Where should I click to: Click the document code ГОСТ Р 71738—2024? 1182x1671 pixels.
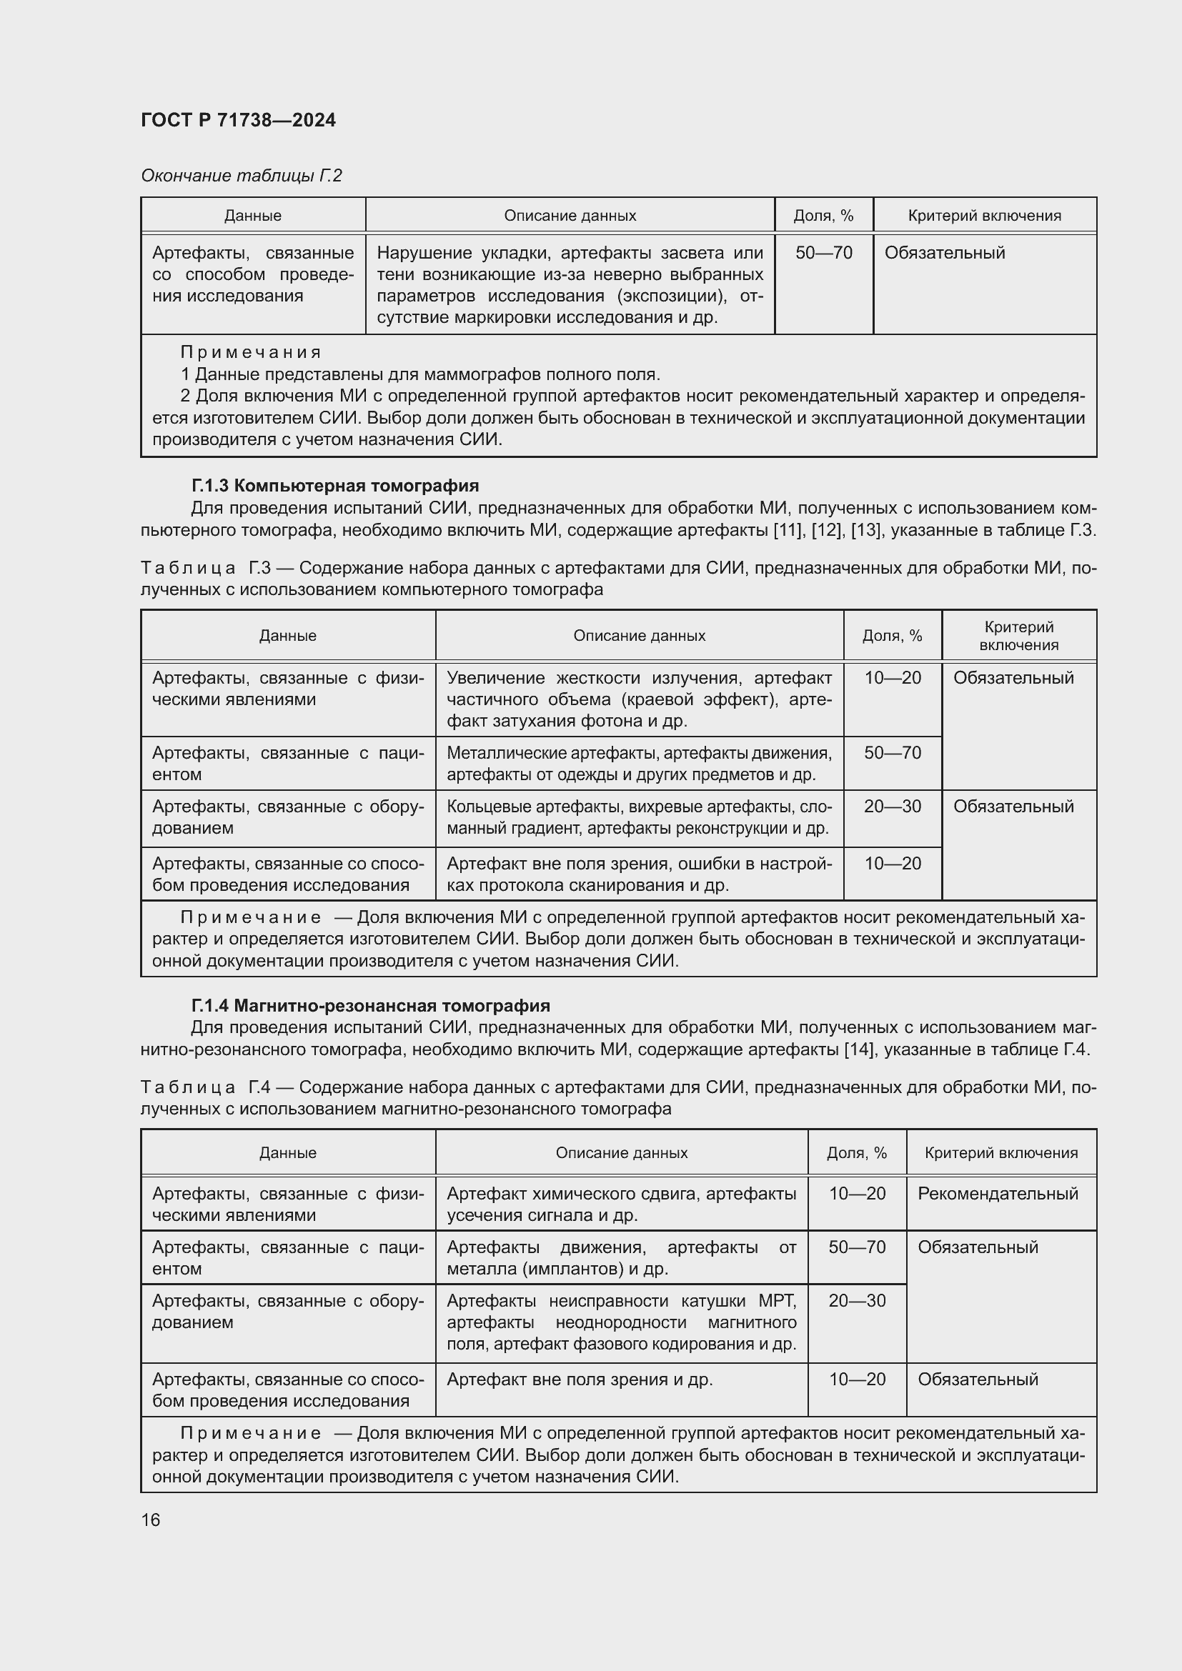[x=238, y=120]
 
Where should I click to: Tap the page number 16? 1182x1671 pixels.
[x=151, y=1520]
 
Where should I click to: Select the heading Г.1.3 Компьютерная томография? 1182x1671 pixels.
[x=334, y=485]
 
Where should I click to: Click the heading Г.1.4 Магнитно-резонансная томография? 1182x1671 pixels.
[x=370, y=1006]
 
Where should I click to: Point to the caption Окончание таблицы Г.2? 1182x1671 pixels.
[x=241, y=176]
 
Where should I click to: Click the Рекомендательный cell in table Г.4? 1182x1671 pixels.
[x=997, y=1194]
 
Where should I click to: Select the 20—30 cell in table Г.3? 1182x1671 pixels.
[x=893, y=807]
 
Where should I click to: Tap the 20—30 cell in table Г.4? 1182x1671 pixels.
[x=857, y=1300]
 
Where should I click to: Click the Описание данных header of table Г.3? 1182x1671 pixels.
[x=639, y=635]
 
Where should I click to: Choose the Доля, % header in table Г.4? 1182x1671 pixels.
[x=857, y=1153]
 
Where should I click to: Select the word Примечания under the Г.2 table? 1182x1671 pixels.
[x=250, y=352]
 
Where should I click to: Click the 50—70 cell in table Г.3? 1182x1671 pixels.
[x=893, y=752]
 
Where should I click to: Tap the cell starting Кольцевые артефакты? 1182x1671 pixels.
[x=639, y=817]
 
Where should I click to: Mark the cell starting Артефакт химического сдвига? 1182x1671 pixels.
[x=621, y=1204]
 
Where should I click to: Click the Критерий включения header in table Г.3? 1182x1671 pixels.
[x=1018, y=635]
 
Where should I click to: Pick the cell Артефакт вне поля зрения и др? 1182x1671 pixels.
[x=580, y=1379]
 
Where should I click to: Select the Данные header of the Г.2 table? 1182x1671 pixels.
[x=252, y=216]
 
